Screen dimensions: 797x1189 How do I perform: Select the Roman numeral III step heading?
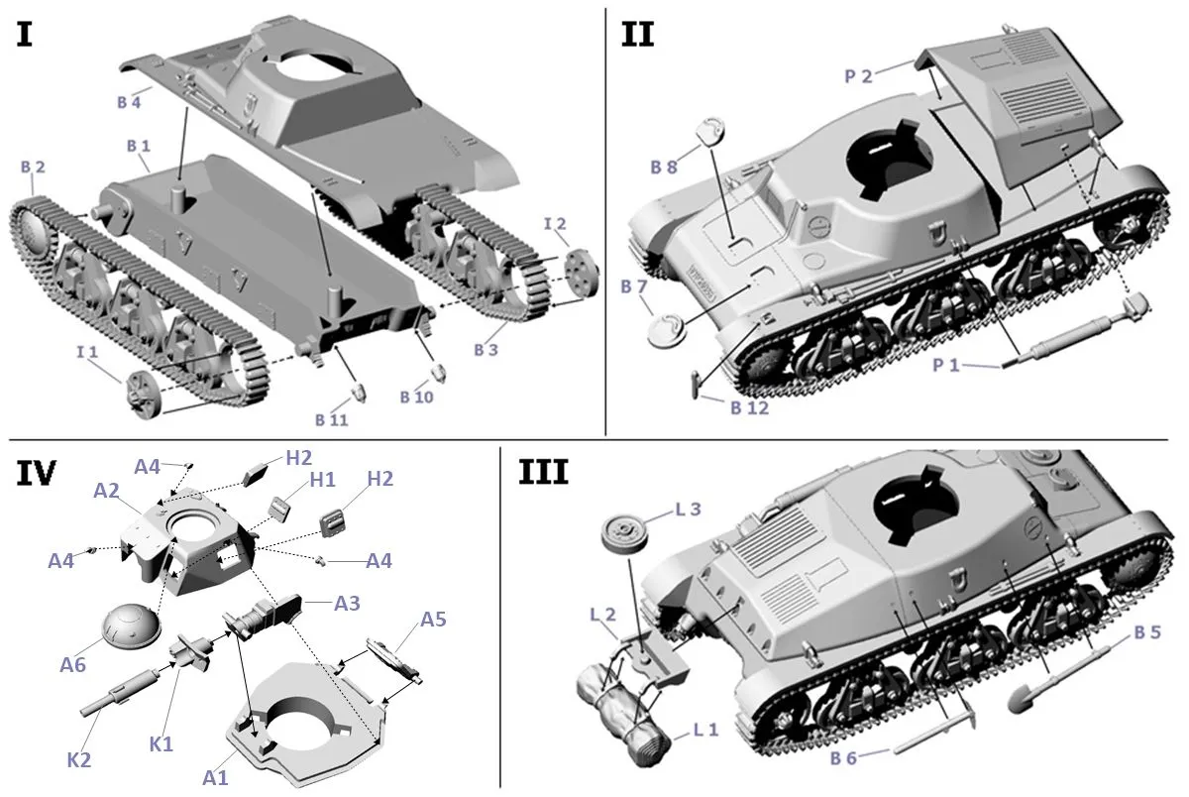tap(543, 473)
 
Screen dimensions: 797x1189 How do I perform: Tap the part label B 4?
tap(129, 101)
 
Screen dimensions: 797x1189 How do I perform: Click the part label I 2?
tap(554, 226)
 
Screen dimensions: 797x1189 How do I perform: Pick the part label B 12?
tap(749, 407)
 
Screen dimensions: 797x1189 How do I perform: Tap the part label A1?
tap(216, 777)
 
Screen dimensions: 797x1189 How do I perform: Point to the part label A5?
tap(433, 620)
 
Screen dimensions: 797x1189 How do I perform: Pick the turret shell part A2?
tap(188, 540)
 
